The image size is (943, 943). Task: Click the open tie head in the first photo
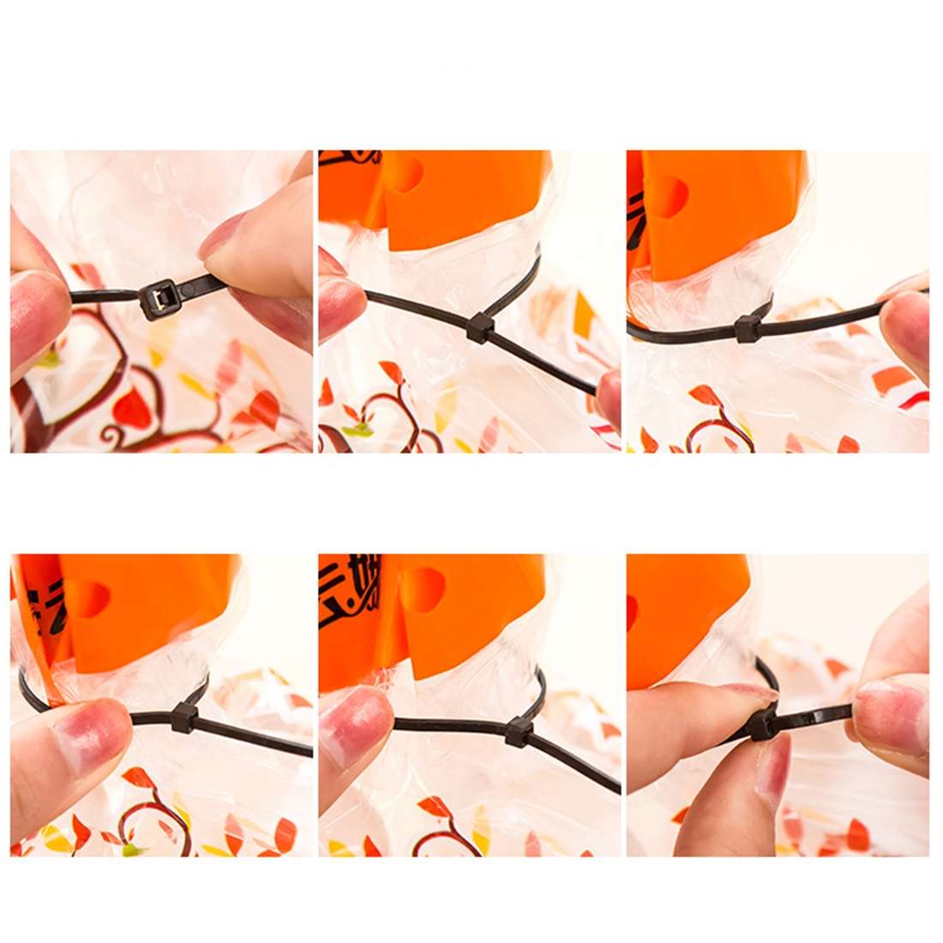click(160, 299)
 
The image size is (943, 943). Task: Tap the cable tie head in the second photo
click(479, 327)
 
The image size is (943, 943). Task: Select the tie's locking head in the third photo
click(748, 328)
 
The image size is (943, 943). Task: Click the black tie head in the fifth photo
click(519, 730)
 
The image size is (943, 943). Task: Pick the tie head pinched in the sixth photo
click(761, 725)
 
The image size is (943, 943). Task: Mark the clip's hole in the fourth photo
click(89, 598)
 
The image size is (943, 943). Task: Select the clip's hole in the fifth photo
click(426, 589)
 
